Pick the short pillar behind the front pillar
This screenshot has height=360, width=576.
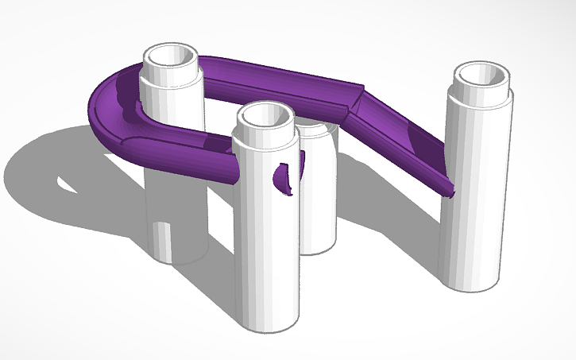(318, 207)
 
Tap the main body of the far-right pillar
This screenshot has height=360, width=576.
(477, 199)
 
